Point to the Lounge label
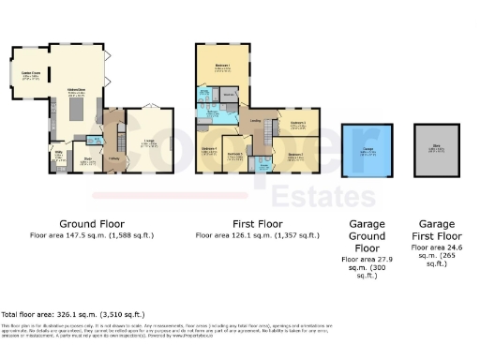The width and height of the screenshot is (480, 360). [x=148, y=142]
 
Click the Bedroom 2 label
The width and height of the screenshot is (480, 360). [x=295, y=156]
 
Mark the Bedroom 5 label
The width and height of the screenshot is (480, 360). [x=236, y=154]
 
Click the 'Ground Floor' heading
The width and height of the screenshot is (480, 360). [x=92, y=224]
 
